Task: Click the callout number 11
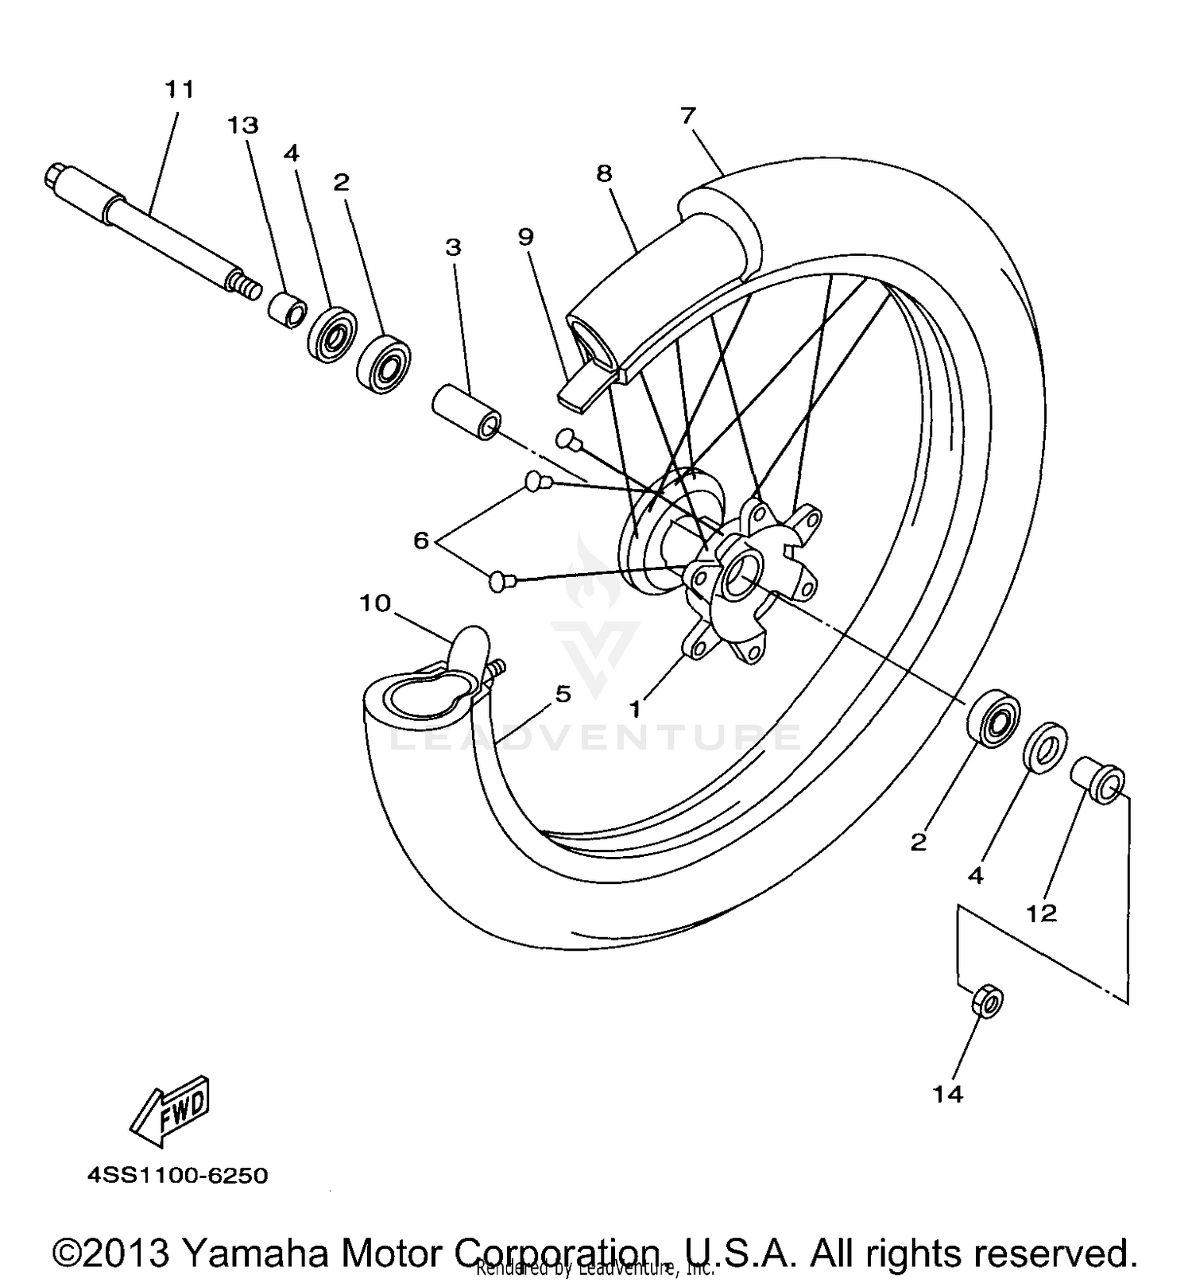180,89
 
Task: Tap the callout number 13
243,125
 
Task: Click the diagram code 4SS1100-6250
177,1175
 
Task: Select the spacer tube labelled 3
466,411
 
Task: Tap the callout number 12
1041,913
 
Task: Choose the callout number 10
375,603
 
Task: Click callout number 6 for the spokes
421,541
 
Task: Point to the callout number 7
687,116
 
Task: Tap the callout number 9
525,236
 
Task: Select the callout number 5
563,694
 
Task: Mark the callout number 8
605,173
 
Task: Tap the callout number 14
948,1094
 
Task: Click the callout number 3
453,247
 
